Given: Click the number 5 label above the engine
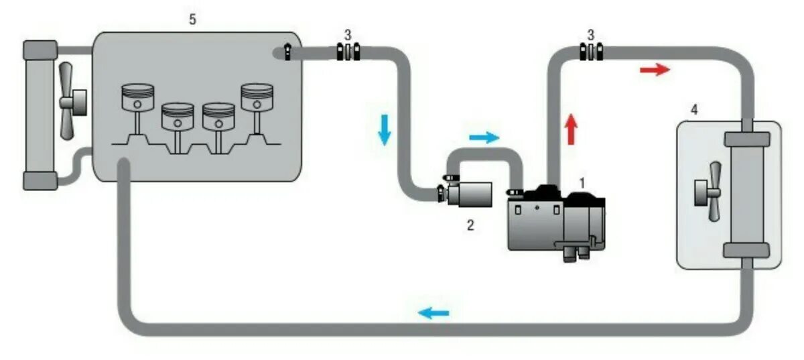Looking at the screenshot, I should (x=192, y=19).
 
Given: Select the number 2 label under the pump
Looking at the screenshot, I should (x=470, y=226).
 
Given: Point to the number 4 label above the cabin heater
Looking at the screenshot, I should (x=694, y=110).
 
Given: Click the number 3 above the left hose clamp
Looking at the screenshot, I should (x=347, y=34).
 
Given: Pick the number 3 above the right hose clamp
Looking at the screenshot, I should (x=590, y=34).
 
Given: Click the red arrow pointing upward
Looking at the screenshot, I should (x=570, y=129).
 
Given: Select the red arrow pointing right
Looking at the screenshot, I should (x=654, y=70).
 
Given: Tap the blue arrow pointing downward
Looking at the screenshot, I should (x=385, y=129).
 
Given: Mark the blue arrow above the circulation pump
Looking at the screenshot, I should (x=483, y=137).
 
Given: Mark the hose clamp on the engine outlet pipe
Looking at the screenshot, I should (x=347, y=52).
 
